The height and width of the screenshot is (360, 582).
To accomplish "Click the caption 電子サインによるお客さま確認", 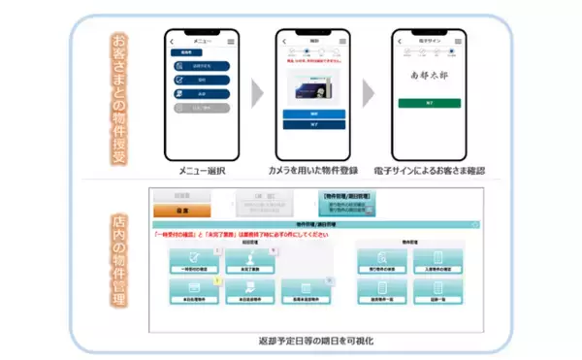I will coord(429,171).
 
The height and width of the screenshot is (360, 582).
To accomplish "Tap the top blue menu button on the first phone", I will coord(202,67).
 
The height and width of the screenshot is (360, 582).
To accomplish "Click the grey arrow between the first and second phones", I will coord(257,94).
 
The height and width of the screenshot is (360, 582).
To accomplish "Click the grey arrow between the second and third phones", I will coord(371,94).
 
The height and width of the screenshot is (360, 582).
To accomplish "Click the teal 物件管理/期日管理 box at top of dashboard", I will coord(349,203).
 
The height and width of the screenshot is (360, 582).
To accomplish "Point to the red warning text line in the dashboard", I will coord(233,234).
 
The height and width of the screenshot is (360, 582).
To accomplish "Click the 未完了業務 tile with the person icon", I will coord(248,257).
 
